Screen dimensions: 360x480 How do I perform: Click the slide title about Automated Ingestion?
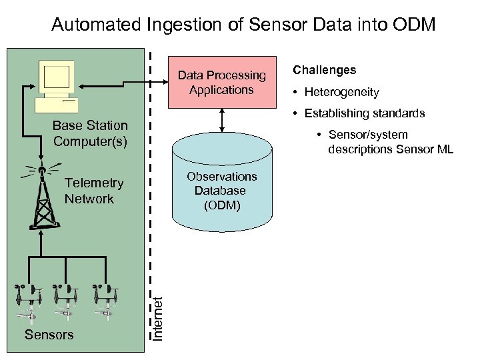point(243,25)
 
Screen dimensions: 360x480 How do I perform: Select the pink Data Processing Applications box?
point(221,83)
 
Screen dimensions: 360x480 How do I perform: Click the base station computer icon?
point(57,87)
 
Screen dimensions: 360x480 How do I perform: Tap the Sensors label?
point(49,335)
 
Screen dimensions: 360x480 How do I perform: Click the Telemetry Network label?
point(94,191)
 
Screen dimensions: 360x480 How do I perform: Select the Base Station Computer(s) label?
point(90,133)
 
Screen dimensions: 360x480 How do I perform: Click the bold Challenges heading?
point(324,70)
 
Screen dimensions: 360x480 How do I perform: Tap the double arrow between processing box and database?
point(221,121)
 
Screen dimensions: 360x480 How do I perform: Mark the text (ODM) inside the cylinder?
point(221,205)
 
